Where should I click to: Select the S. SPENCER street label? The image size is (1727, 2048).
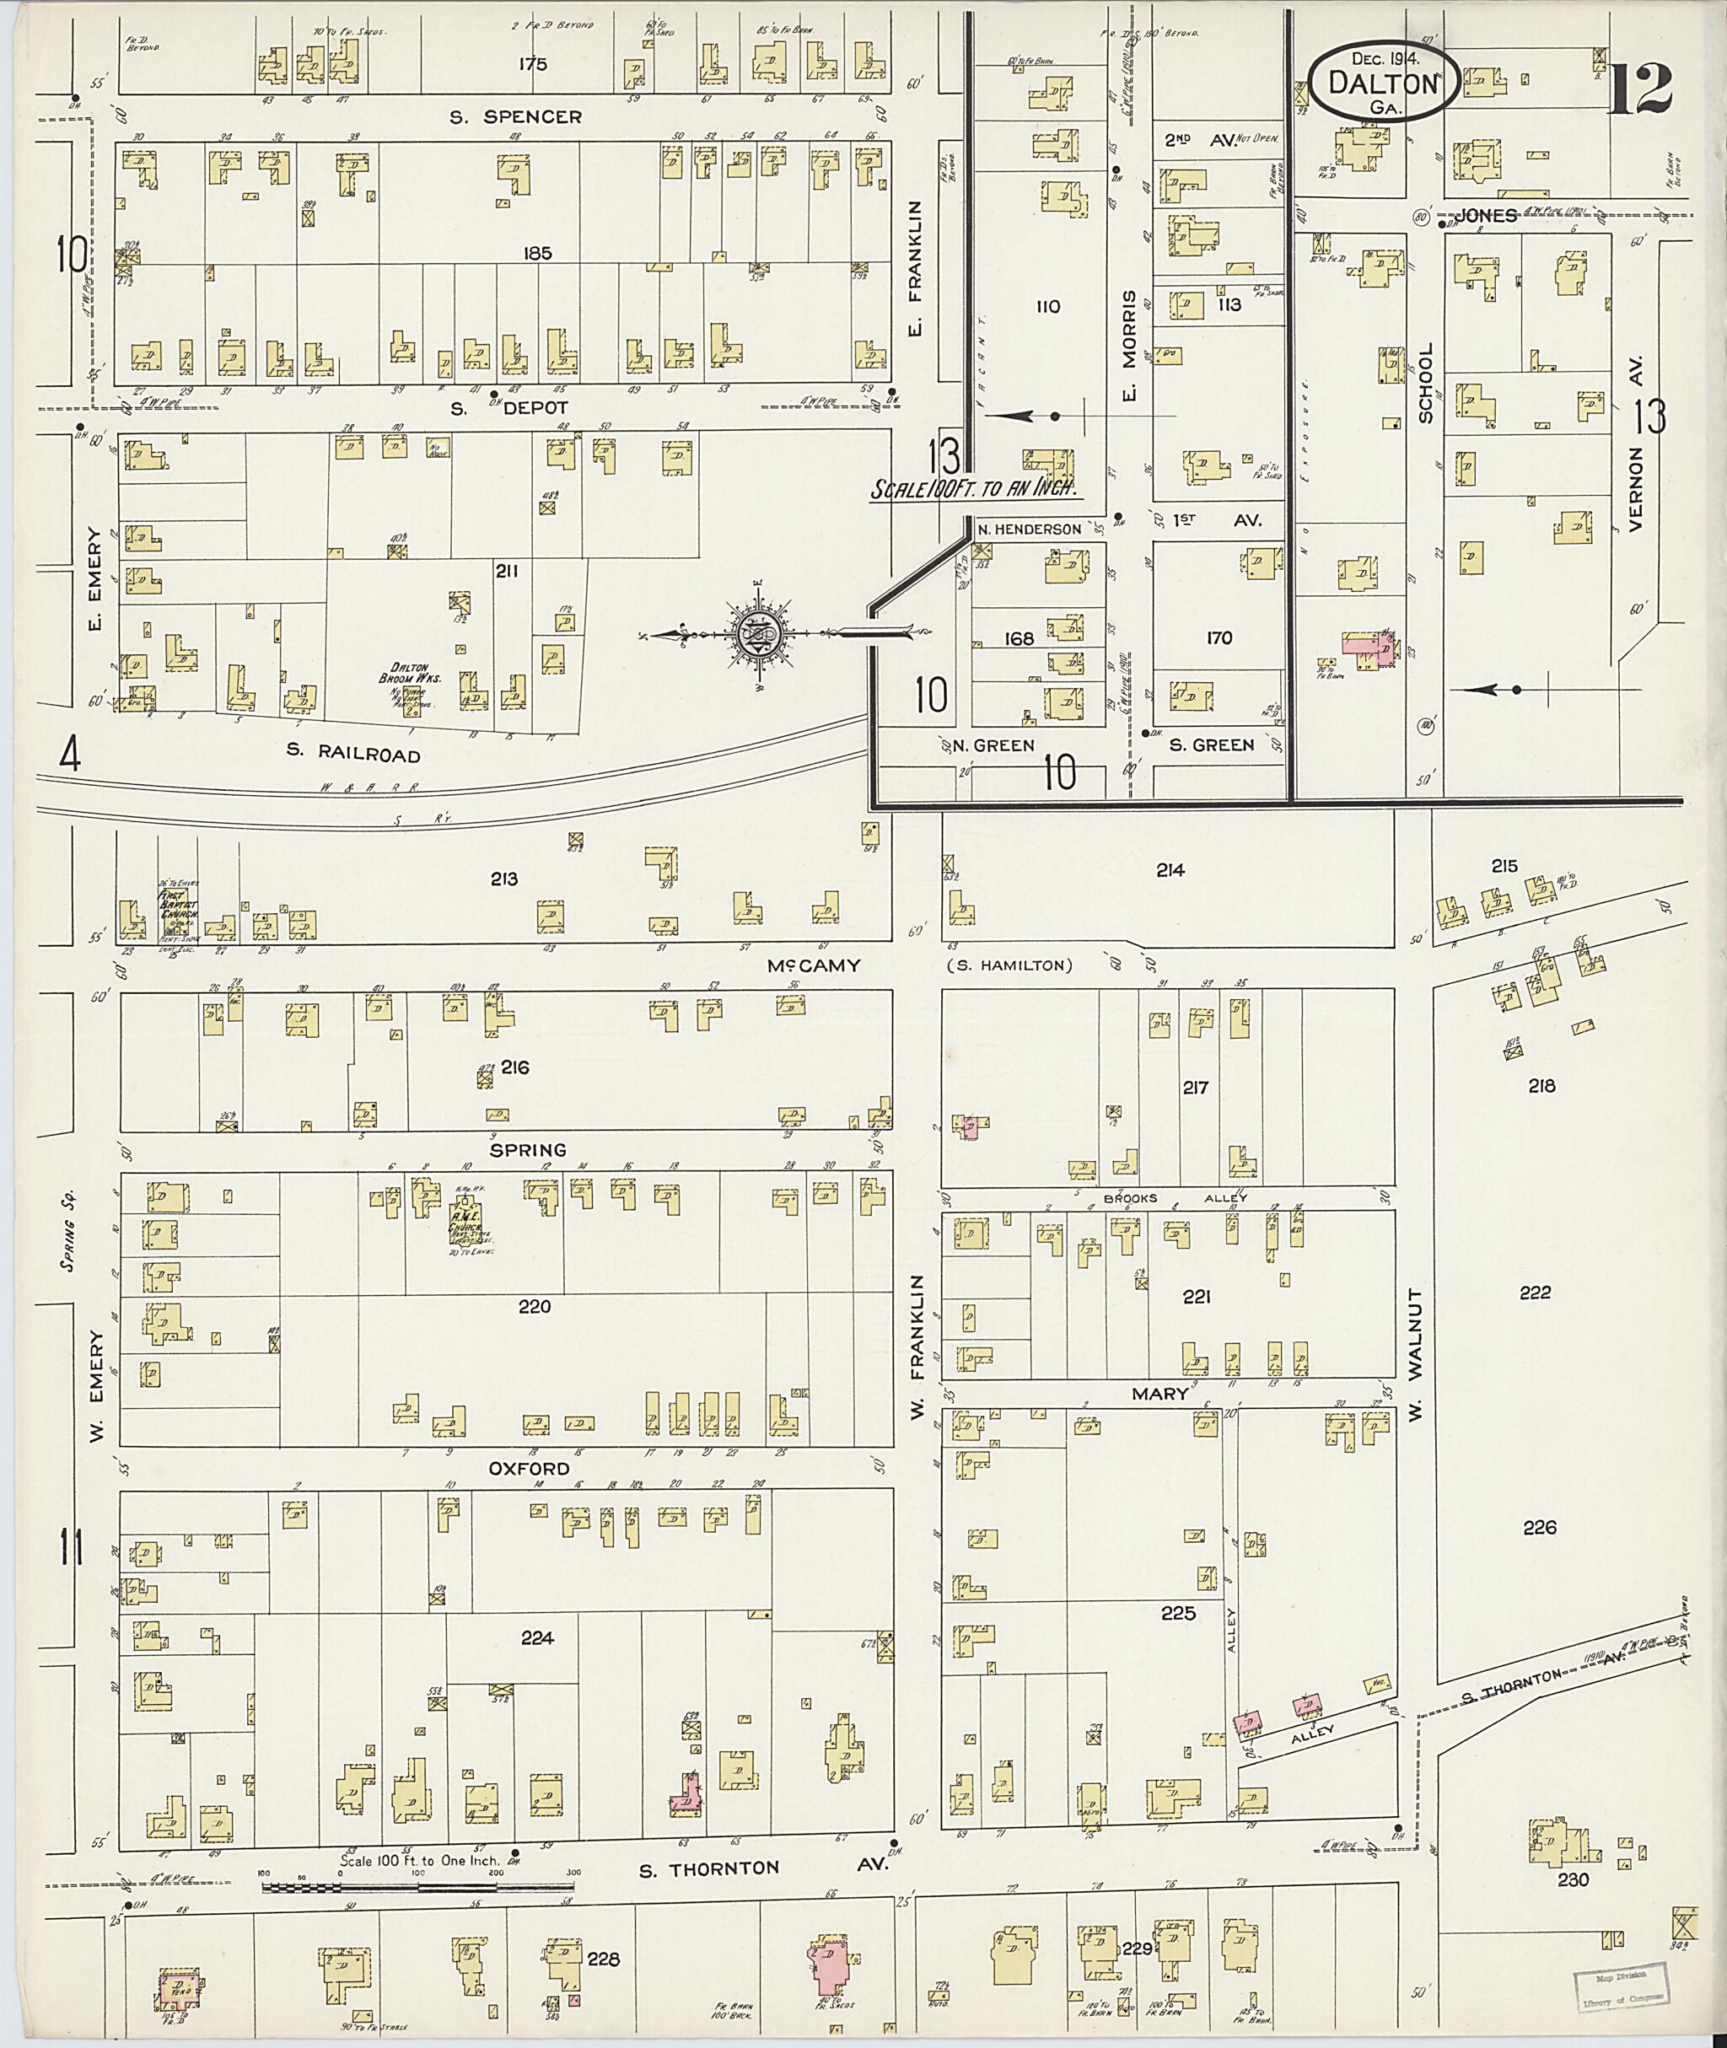click(515, 117)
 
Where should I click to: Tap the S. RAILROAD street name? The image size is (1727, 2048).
click(353, 754)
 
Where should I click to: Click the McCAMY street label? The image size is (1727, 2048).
click(814, 965)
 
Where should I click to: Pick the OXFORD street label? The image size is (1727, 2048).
click(530, 1469)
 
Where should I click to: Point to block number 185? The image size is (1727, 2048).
click(537, 254)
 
